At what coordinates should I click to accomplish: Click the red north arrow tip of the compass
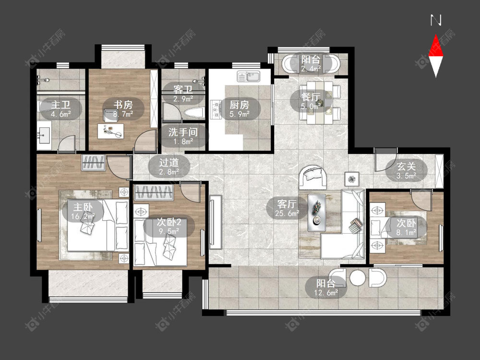[x=436, y=35]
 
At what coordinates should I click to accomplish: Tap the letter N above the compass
[x=436, y=20]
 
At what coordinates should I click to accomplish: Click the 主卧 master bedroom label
[x=83, y=207]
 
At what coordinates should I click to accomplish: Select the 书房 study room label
[x=123, y=105]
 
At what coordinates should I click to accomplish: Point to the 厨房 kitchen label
[x=240, y=105]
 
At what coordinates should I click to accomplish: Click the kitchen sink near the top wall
[x=249, y=76]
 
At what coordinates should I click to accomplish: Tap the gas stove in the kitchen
[x=216, y=109]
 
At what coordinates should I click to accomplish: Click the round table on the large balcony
[x=358, y=278]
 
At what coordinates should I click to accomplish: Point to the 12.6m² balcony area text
[x=326, y=293]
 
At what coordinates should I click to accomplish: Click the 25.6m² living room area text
[x=287, y=214]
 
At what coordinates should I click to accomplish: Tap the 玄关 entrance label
[x=406, y=166]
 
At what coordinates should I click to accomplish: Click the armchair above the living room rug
[x=312, y=177]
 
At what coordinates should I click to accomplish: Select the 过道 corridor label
[x=168, y=162]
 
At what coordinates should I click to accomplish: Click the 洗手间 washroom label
[x=183, y=132]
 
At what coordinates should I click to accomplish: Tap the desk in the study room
[x=110, y=131]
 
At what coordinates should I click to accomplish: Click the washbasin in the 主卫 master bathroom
[x=44, y=135]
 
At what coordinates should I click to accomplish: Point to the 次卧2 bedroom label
[x=169, y=222]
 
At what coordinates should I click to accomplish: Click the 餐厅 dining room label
[x=311, y=97]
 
